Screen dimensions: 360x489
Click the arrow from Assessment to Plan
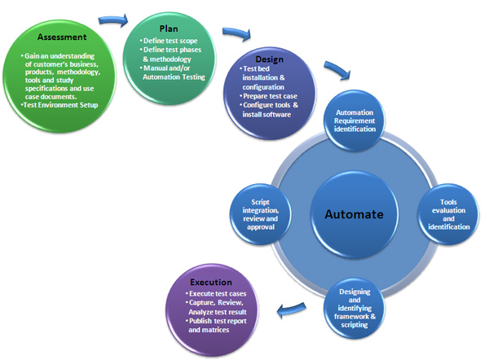[113, 19]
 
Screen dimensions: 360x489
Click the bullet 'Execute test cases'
[217, 293]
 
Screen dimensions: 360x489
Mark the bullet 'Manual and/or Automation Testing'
[174, 73]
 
